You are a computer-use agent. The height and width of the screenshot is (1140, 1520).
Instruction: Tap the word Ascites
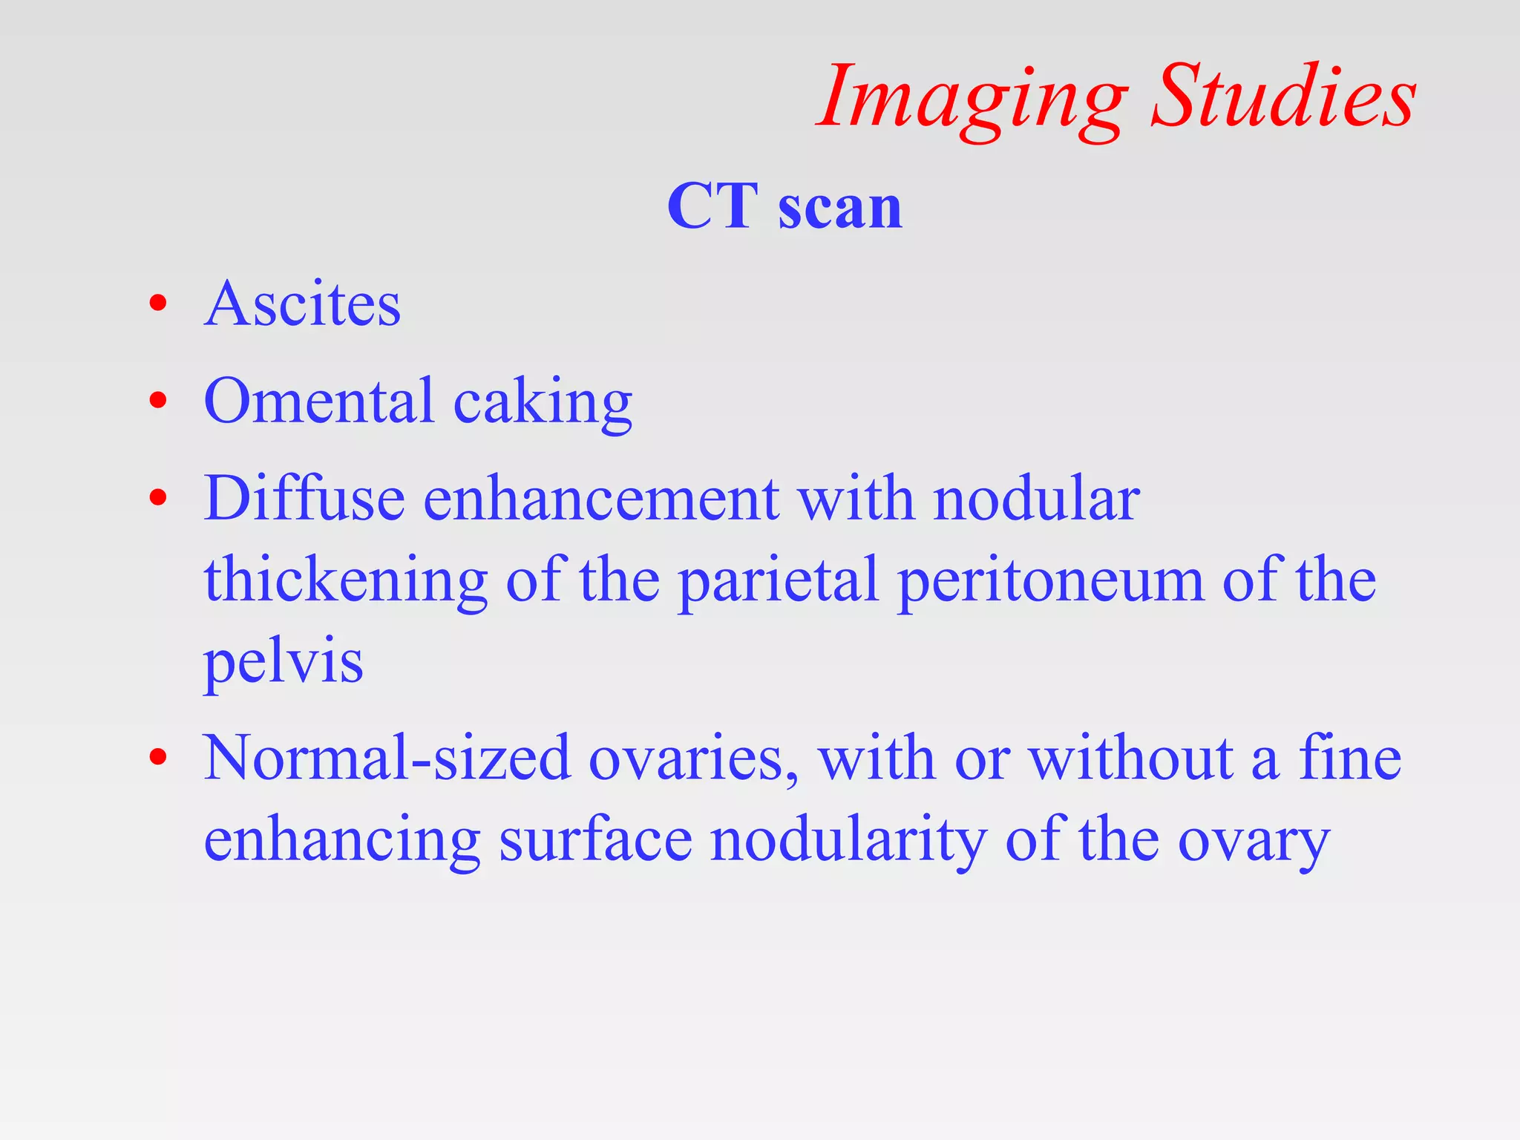(302, 304)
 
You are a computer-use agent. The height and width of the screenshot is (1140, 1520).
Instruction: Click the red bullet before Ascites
(157, 304)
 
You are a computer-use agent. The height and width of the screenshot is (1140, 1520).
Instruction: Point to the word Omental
(318, 402)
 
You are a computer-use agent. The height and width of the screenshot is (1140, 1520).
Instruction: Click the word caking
(543, 404)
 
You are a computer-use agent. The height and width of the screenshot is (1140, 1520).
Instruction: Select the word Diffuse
(304, 498)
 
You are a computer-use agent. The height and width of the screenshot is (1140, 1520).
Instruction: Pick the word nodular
(1036, 499)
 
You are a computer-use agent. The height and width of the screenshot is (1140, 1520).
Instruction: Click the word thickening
(346, 581)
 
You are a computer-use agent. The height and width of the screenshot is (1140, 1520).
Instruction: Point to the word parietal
(779, 581)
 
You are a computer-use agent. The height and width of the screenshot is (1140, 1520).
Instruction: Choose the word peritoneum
(1051, 581)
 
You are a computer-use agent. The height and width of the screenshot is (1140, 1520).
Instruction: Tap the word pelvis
(284, 662)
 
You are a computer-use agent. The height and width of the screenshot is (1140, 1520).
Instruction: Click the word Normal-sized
(387, 759)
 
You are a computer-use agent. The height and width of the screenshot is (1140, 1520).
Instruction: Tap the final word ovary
(1254, 843)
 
